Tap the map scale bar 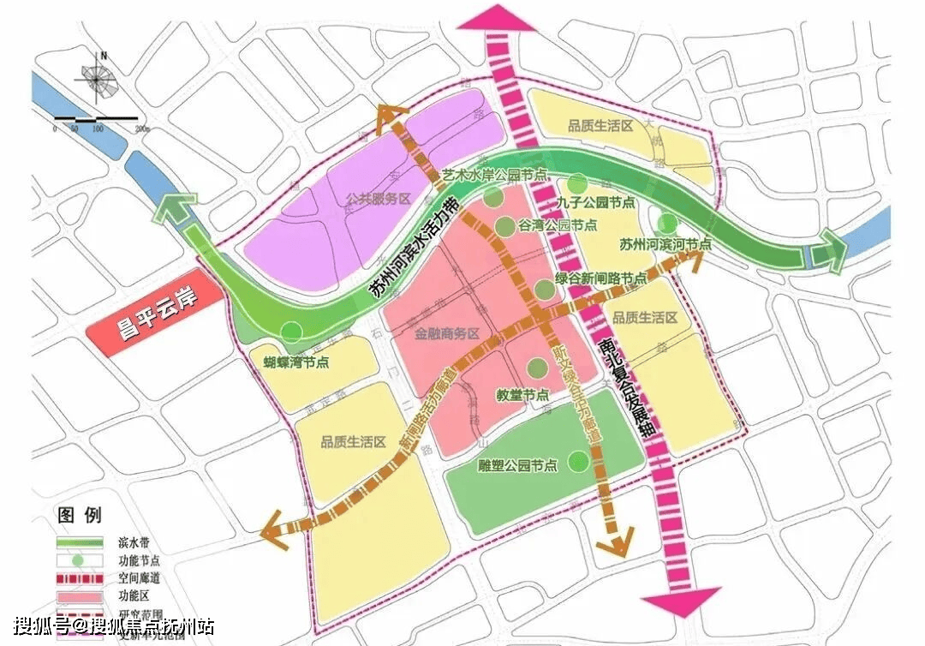click(97, 117)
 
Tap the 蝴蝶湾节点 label click(296, 362)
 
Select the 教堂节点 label click(522, 395)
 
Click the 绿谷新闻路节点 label click(601, 279)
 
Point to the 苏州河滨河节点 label click(665, 244)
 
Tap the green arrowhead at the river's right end click(828, 252)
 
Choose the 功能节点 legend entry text click(129, 561)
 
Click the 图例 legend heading click(79, 516)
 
